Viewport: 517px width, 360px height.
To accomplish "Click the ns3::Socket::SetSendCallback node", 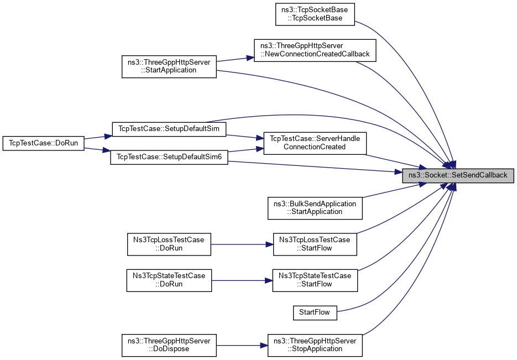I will coord(458,175).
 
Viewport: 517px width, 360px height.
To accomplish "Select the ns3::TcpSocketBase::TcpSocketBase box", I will coord(315,14).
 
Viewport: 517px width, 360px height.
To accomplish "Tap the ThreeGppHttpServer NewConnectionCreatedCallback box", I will coord(315,50).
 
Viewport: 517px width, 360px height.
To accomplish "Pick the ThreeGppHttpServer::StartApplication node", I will coord(169,66).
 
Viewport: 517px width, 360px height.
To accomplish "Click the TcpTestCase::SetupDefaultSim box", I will coord(169,128).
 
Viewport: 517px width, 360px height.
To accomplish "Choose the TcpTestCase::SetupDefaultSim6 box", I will coord(169,157).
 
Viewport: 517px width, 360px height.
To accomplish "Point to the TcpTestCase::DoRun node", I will coord(43,143).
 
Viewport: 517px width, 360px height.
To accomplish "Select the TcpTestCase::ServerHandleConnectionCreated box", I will coord(315,143).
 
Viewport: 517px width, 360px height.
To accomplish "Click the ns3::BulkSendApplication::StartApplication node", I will coord(315,207).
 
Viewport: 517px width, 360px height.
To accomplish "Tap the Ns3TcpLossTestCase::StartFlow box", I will coord(315,244).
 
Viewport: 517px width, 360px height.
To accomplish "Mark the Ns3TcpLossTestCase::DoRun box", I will coord(169,244).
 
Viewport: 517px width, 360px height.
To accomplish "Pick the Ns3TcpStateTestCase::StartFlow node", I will coord(315,280).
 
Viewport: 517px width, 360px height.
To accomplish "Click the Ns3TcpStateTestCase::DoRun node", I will coord(169,280).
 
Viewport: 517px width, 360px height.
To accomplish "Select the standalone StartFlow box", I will coord(315,312).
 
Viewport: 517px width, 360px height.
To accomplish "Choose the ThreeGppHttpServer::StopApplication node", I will coord(315,345).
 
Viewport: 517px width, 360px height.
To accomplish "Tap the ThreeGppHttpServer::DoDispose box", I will coord(169,345).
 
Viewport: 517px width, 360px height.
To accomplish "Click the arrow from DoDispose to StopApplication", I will coord(241,345).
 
